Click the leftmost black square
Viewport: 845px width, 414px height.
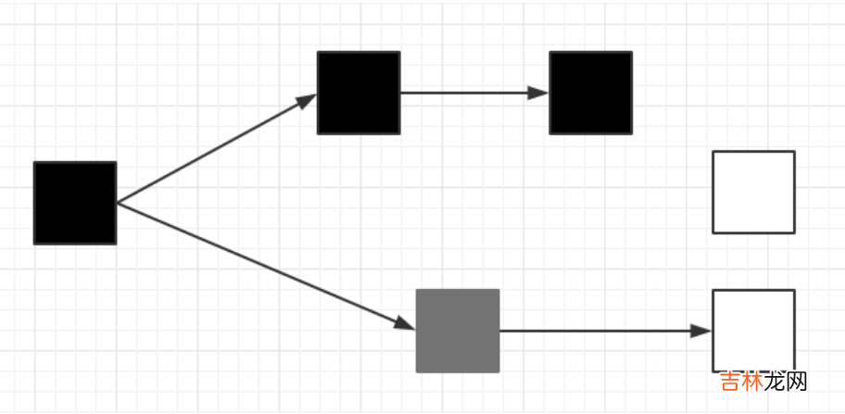point(75,203)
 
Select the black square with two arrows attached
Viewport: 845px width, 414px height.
point(359,93)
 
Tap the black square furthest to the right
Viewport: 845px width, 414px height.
point(590,93)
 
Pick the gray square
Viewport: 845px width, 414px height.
point(458,331)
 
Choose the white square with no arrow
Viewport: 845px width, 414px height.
point(753,192)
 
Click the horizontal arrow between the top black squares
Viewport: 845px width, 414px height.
point(463,93)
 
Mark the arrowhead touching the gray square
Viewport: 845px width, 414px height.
point(405,323)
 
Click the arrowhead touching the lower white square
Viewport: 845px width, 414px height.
point(701,331)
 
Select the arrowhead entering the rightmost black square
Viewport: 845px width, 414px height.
point(539,93)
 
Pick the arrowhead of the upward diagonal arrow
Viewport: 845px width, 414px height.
point(307,100)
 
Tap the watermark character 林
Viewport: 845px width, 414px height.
point(755,381)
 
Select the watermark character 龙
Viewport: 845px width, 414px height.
point(776,381)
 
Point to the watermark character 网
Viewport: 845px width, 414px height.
point(798,381)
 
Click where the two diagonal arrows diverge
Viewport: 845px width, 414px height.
point(118,203)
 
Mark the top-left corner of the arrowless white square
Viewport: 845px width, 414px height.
point(713,152)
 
